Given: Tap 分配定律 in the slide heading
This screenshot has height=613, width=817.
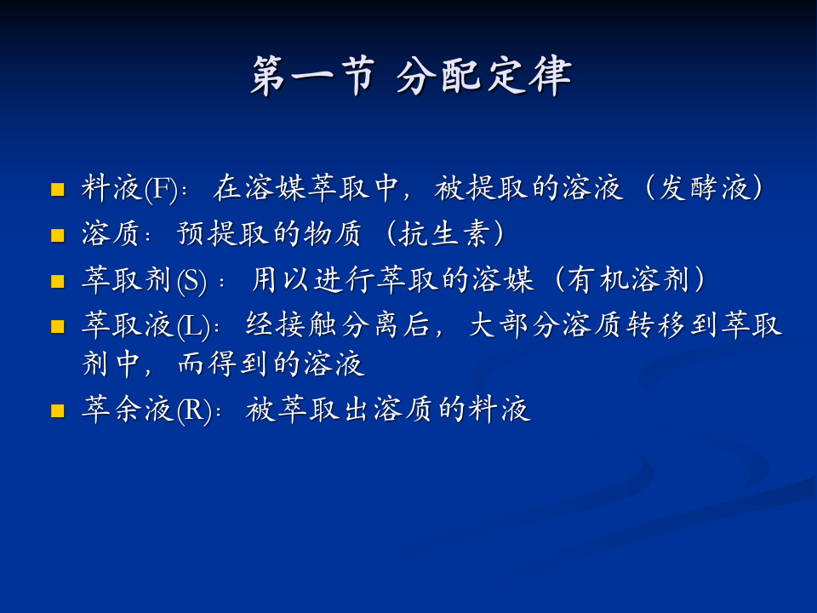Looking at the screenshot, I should click(483, 77).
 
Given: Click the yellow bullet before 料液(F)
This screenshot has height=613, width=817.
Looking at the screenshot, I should click(58, 190).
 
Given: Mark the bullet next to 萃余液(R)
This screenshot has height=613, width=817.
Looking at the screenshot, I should click(58, 411).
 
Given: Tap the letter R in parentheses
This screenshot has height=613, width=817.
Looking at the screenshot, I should click(192, 411).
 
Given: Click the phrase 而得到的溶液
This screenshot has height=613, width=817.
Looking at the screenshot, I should click(271, 365).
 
